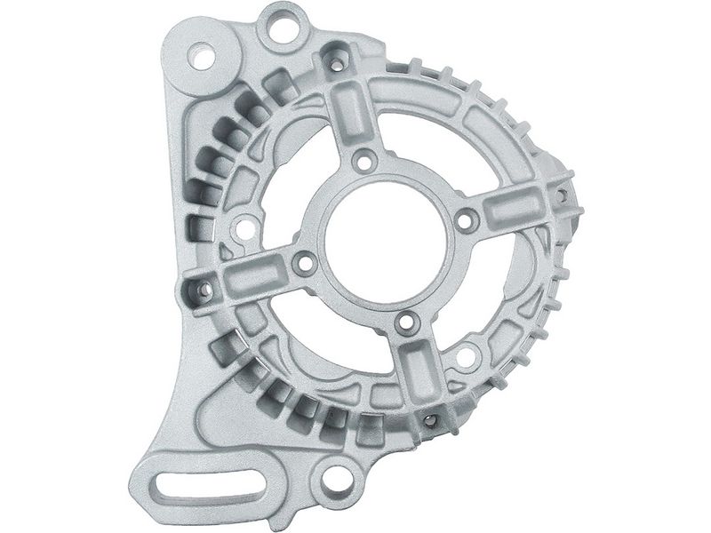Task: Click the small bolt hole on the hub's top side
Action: click(x=361, y=162)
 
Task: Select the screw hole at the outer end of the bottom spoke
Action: click(x=430, y=419)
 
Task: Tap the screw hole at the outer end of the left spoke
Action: click(x=204, y=289)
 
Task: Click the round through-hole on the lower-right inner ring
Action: click(x=464, y=359)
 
